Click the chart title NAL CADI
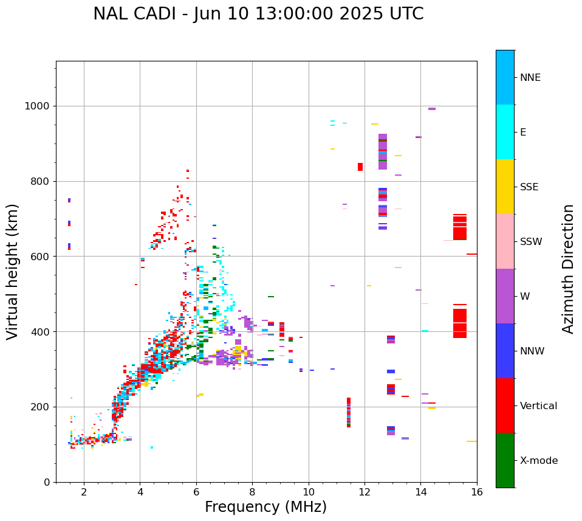coord(258,14)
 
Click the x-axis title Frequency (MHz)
coord(265,507)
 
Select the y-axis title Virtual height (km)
coord(13,271)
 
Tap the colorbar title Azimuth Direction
coord(568,269)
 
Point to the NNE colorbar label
coord(530,78)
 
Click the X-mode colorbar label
coord(538,461)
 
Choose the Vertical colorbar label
coord(538,406)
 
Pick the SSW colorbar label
coord(531,242)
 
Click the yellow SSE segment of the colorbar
coord(505,187)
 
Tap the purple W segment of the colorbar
coord(505,296)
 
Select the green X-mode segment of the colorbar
coord(505,460)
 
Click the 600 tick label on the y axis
coord(42,257)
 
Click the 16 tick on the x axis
coord(477,492)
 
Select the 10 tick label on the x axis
coord(309,492)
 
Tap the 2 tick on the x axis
coord(84,492)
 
